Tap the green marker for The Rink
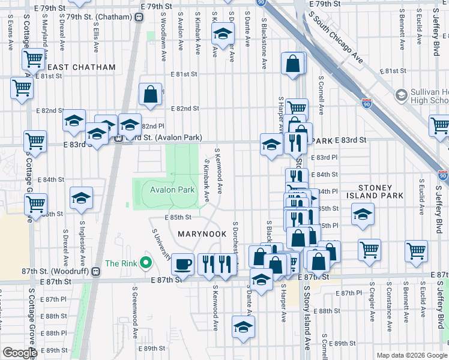click(x=145, y=263)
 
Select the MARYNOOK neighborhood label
click(x=202, y=233)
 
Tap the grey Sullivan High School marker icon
click(x=401, y=95)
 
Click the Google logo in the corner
click(x=20, y=353)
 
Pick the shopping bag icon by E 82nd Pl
click(x=150, y=94)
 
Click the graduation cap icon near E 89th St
click(x=243, y=327)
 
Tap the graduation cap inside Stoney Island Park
click(x=363, y=214)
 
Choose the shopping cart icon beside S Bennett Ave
click(x=416, y=250)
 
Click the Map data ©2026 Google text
click(x=411, y=355)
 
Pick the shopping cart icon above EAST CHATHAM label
click(x=33, y=59)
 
